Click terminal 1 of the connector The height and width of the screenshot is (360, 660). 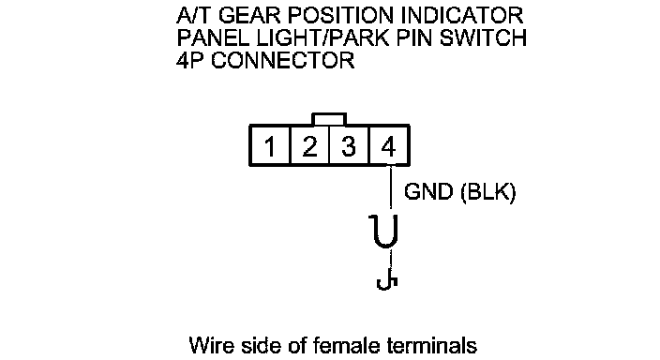[269, 145]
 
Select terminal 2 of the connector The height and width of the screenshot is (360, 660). [309, 145]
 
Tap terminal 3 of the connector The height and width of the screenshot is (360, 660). [349, 145]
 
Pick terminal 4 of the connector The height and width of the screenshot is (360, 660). [388, 145]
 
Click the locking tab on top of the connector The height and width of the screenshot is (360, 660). [329, 119]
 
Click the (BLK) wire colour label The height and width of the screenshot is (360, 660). [487, 192]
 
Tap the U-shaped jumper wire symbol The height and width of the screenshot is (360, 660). [383, 232]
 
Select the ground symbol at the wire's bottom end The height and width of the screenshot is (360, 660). [387, 282]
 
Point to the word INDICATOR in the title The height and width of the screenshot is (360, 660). [462, 16]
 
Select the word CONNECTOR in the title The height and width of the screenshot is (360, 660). [282, 60]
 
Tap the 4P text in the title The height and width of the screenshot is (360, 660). [190, 60]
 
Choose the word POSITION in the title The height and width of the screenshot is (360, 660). [340, 16]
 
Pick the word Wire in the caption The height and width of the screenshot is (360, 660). [211, 345]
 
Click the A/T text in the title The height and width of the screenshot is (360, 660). [194, 16]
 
